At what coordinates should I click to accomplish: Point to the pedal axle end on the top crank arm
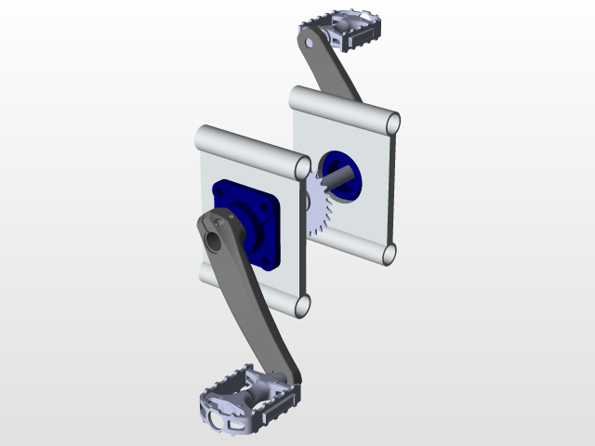click(308, 40)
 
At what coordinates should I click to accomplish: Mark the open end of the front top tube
click(301, 167)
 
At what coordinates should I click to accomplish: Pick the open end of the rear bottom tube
click(390, 253)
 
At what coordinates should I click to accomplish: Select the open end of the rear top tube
click(392, 123)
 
